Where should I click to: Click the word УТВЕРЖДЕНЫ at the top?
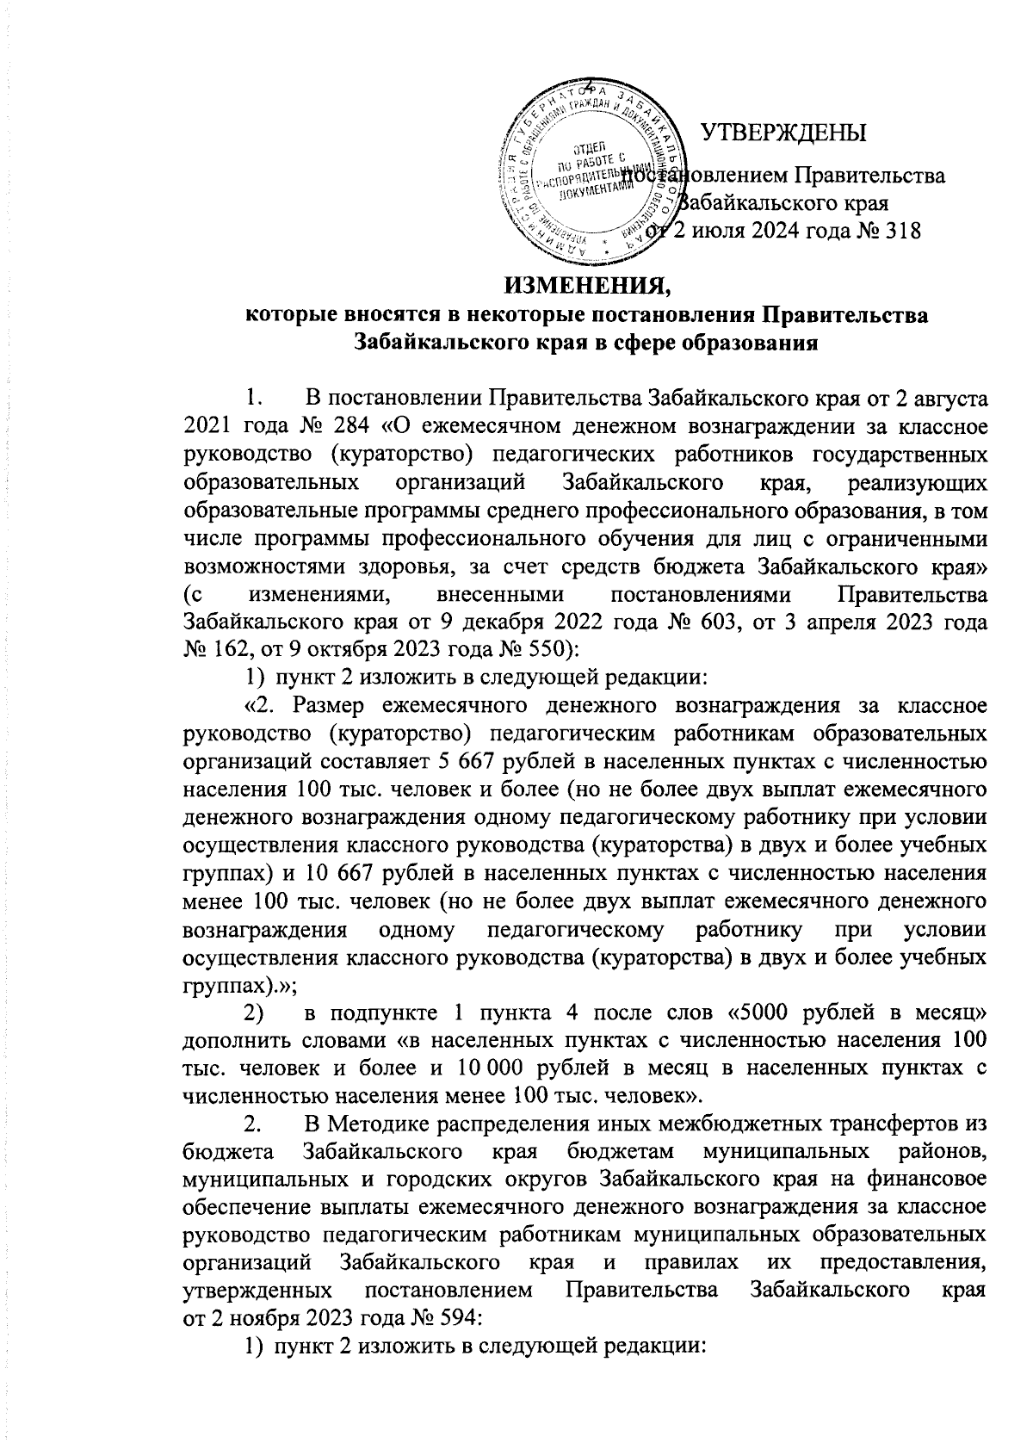(783, 133)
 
